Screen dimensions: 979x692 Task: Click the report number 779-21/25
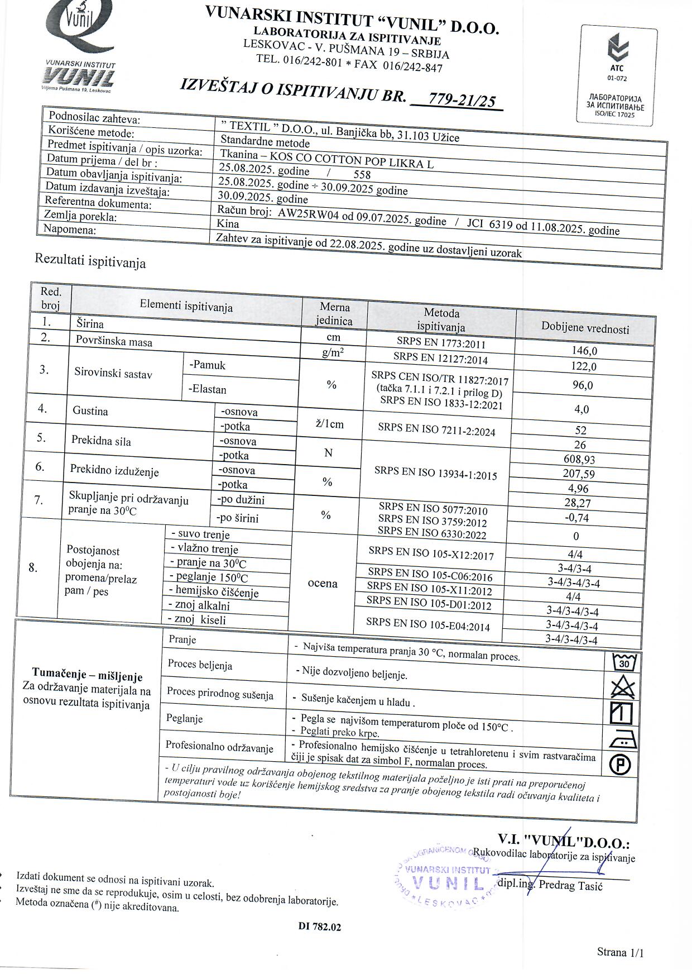point(462,101)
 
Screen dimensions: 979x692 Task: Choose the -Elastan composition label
point(208,389)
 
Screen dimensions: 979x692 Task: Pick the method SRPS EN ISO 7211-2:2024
point(436,429)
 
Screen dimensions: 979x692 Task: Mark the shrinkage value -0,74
point(576,518)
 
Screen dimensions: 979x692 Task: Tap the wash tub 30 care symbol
point(624,663)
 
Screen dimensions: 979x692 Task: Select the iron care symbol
point(621,740)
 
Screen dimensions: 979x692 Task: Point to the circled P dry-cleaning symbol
point(620,765)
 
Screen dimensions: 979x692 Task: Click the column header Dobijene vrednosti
point(585,328)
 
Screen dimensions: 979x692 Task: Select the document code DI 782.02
point(319,927)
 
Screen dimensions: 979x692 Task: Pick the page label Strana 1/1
point(620,952)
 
